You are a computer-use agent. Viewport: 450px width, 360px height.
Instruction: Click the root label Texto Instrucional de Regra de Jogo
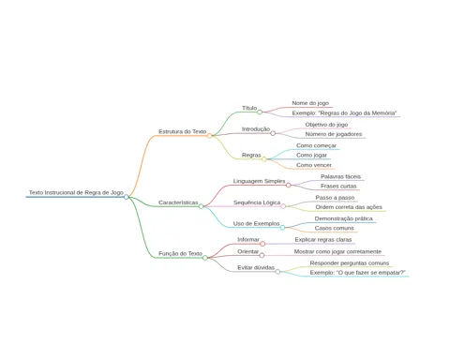pos(76,192)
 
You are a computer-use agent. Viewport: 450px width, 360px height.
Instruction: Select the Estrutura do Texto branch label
pos(183,131)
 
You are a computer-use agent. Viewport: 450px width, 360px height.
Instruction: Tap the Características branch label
pos(178,202)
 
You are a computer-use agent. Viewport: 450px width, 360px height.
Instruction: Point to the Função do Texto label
pos(180,253)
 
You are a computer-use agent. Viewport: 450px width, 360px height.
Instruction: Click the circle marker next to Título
pos(260,112)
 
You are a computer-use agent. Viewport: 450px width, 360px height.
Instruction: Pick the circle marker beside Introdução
pos(273,133)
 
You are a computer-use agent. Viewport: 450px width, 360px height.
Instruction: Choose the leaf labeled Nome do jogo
pos(310,103)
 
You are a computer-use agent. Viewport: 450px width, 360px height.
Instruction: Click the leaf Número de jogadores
pos(334,134)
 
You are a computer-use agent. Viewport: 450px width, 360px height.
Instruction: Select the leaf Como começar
pos(316,145)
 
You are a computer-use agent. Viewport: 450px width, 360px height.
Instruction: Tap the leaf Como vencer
pos(314,165)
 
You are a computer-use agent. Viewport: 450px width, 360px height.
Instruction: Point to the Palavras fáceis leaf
pos(340,176)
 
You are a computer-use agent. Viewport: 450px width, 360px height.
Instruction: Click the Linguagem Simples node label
pos(259,181)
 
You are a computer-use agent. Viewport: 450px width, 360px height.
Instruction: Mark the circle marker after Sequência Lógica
pos(283,206)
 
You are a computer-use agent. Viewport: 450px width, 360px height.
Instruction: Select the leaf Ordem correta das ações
pos(349,207)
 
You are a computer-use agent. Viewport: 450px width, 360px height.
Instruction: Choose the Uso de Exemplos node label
pos(256,223)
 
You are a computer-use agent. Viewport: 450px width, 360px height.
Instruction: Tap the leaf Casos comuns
pos(334,228)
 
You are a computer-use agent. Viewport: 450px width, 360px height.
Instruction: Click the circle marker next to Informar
pos(262,244)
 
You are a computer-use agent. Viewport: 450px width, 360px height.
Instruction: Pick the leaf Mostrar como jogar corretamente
pos(337,251)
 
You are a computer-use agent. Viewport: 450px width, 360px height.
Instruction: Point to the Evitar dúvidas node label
pos(256,267)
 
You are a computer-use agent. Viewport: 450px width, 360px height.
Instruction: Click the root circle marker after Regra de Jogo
pos(127,197)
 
